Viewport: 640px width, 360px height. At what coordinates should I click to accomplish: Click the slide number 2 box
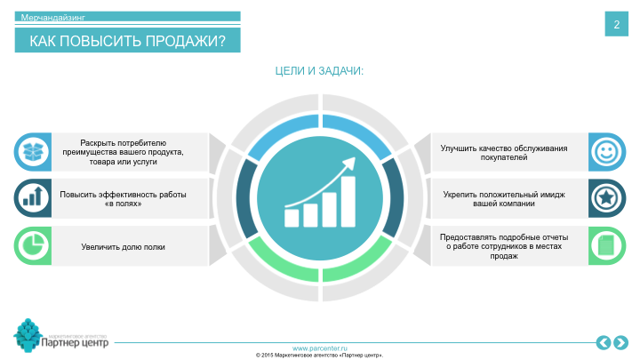[x=616, y=25]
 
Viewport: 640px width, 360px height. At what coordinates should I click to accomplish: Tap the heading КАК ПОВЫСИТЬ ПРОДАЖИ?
[x=127, y=41]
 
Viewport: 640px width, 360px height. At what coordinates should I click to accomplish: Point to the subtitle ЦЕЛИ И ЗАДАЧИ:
[x=320, y=71]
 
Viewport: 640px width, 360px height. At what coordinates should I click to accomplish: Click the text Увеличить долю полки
[x=123, y=246]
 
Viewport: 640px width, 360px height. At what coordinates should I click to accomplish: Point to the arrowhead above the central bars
[x=350, y=163]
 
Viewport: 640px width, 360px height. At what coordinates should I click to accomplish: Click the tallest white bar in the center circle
[x=348, y=201]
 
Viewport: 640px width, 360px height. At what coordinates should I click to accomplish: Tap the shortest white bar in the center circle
[x=292, y=217]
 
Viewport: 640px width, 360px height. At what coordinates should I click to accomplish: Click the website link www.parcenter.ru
[x=320, y=348]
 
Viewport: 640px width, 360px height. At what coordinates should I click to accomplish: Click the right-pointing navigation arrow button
[x=620, y=342]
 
